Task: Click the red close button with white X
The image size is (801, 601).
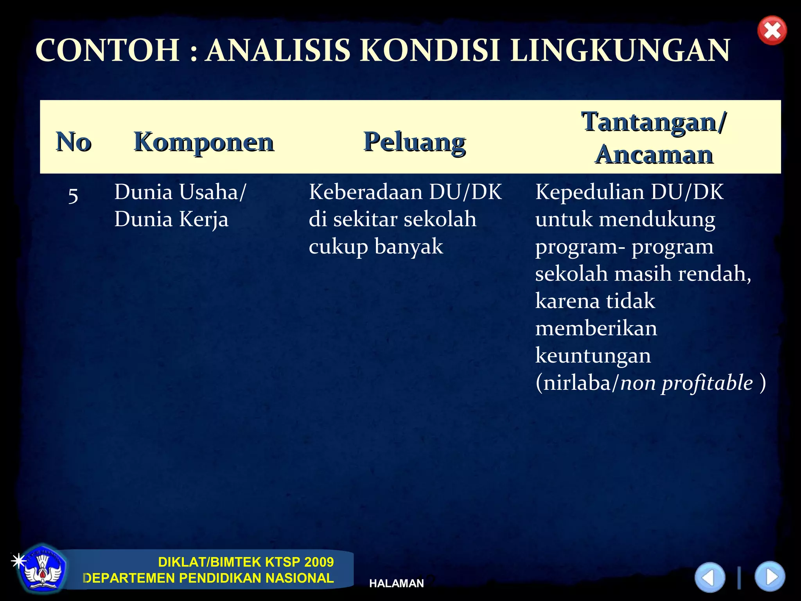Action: [x=772, y=31]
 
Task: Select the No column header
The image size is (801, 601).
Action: [x=74, y=142]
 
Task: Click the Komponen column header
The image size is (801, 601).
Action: [x=204, y=142]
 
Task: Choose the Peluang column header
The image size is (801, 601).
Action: [x=415, y=142]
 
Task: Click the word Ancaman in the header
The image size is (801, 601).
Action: [x=654, y=154]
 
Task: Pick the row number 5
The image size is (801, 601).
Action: [x=73, y=195]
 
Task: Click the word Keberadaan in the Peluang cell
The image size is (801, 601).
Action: [x=366, y=192]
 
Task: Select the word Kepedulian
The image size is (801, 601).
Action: [x=590, y=192]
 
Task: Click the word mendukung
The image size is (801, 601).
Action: [x=657, y=219]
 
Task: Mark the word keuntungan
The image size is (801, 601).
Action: [x=593, y=356]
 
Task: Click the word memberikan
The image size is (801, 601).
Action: [x=596, y=328]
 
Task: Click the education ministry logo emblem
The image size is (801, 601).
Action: [x=43, y=569]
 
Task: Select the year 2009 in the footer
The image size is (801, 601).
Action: [x=319, y=562]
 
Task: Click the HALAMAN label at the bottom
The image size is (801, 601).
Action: [x=396, y=583]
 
